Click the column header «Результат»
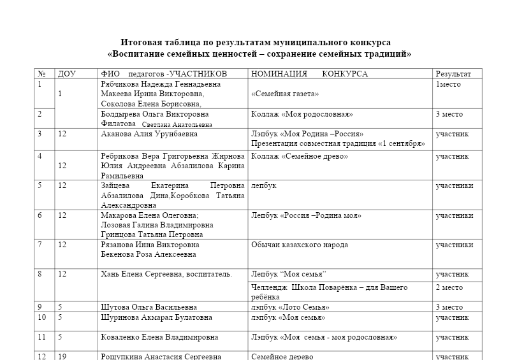[x=453, y=74]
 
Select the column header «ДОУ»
[x=67, y=74]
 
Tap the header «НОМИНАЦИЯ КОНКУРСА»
[x=310, y=74]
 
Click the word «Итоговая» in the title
[x=141, y=42]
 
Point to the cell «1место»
[x=448, y=84]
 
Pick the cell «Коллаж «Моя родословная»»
[x=302, y=115]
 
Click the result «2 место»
[x=449, y=288]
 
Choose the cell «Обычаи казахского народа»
[x=300, y=245]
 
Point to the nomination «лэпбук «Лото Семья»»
[x=290, y=307]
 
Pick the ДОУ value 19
[x=62, y=356]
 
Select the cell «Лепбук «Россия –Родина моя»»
[x=307, y=216]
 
